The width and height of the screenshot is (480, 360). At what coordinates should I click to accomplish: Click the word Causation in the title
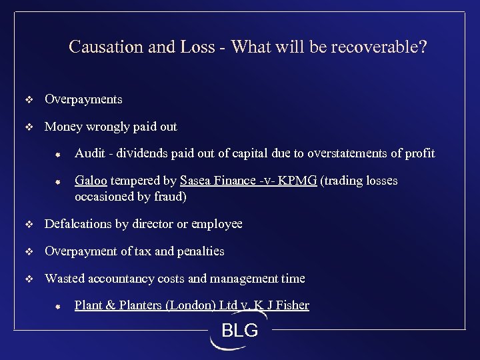tap(101, 48)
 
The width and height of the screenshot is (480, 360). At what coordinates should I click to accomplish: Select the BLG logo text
tap(239, 330)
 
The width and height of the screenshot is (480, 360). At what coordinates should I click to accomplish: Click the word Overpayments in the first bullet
tap(83, 99)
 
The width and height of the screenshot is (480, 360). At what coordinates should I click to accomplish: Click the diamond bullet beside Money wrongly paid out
tap(28, 127)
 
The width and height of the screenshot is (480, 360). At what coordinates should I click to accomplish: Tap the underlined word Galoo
tap(92, 181)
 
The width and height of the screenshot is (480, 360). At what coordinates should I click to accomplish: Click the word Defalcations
tap(79, 224)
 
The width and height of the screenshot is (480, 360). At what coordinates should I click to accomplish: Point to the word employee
tap(217, 224)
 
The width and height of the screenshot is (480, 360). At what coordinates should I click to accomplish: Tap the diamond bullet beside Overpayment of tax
tap(28, 251)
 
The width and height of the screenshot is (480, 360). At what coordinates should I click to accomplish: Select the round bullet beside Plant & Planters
tap(58, 307)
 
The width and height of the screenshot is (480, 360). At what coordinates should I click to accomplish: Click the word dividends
tap(142, 153)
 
